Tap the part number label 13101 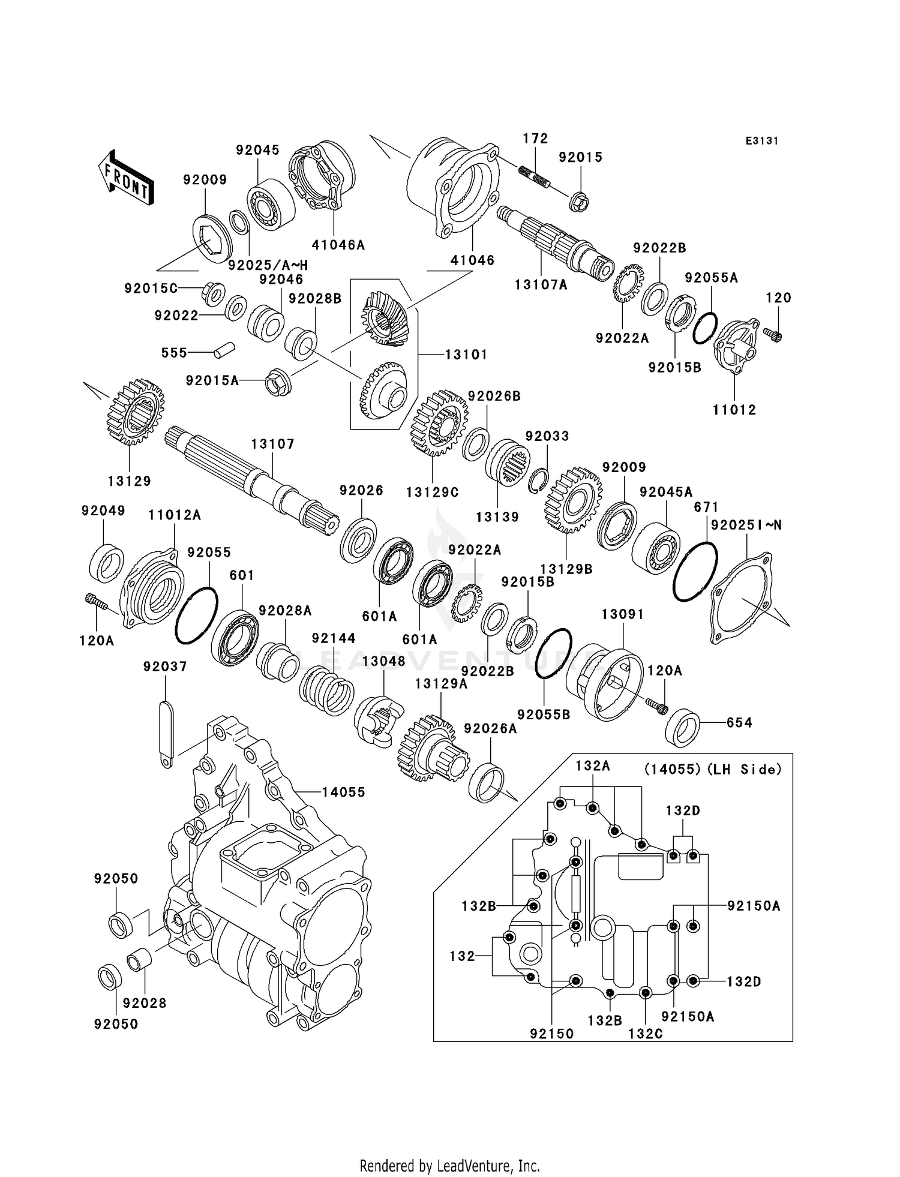tap(466, 355)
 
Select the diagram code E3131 tap(761, 141)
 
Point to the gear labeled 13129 tap(135, 412)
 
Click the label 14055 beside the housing tap(343, 792)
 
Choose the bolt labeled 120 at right tap(773, 335)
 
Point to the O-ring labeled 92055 tap(196, 615)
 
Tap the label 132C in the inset tap(645, 1034)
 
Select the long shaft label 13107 tap(272, 444)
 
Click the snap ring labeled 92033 tap(538, 481)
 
